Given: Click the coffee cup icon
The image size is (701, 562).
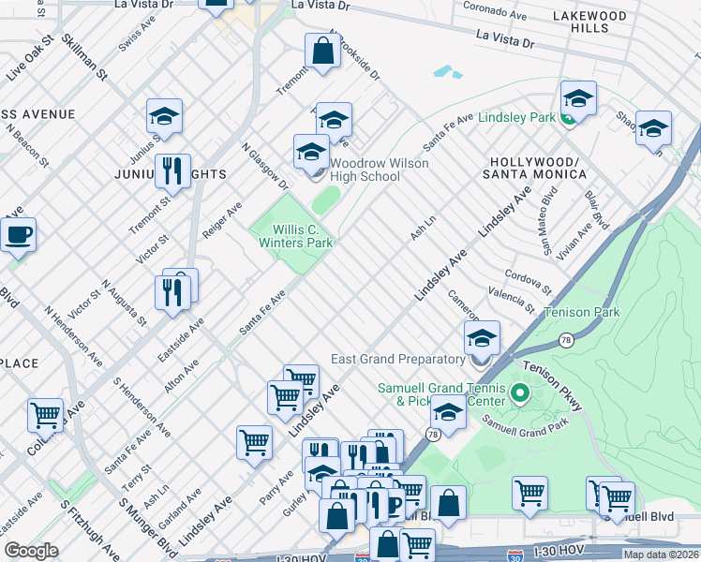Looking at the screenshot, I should click(18, 234).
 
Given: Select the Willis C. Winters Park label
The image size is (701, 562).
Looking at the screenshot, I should click(296, 236).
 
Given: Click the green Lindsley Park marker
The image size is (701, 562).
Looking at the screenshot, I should click(569, 118).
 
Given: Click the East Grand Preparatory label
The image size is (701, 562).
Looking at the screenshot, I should click(398, 359).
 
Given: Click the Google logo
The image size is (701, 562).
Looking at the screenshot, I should click(31, 551).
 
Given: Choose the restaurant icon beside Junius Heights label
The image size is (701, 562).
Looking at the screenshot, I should click(172, 170).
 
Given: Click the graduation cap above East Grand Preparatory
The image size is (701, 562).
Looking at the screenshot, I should click(482, 337).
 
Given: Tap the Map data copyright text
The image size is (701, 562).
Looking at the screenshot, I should click(661, 555).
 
